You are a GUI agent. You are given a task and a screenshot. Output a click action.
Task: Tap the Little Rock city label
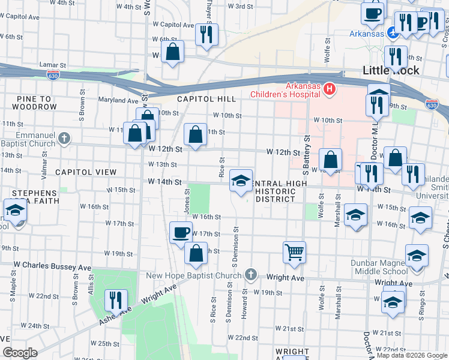tap(391, 70)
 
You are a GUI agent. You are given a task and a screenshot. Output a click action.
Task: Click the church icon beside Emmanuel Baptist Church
tap(65, 139)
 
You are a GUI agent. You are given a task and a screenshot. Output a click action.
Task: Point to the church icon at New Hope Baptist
tap(251, 275)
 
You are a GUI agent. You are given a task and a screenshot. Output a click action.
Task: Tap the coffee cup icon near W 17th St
tap(181, 232)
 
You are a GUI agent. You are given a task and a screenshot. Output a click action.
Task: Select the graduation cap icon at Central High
tap(241, 180)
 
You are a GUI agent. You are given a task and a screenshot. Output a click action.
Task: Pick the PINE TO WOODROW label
tap(29, 103)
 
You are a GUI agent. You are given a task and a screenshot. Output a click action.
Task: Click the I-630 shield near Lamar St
tap(53, 74)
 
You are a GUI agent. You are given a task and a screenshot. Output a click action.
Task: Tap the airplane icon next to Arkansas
tap(392, 33)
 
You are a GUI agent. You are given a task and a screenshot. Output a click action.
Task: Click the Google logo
tap(20, 353)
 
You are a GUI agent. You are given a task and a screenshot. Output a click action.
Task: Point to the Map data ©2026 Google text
tap(412, 355)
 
